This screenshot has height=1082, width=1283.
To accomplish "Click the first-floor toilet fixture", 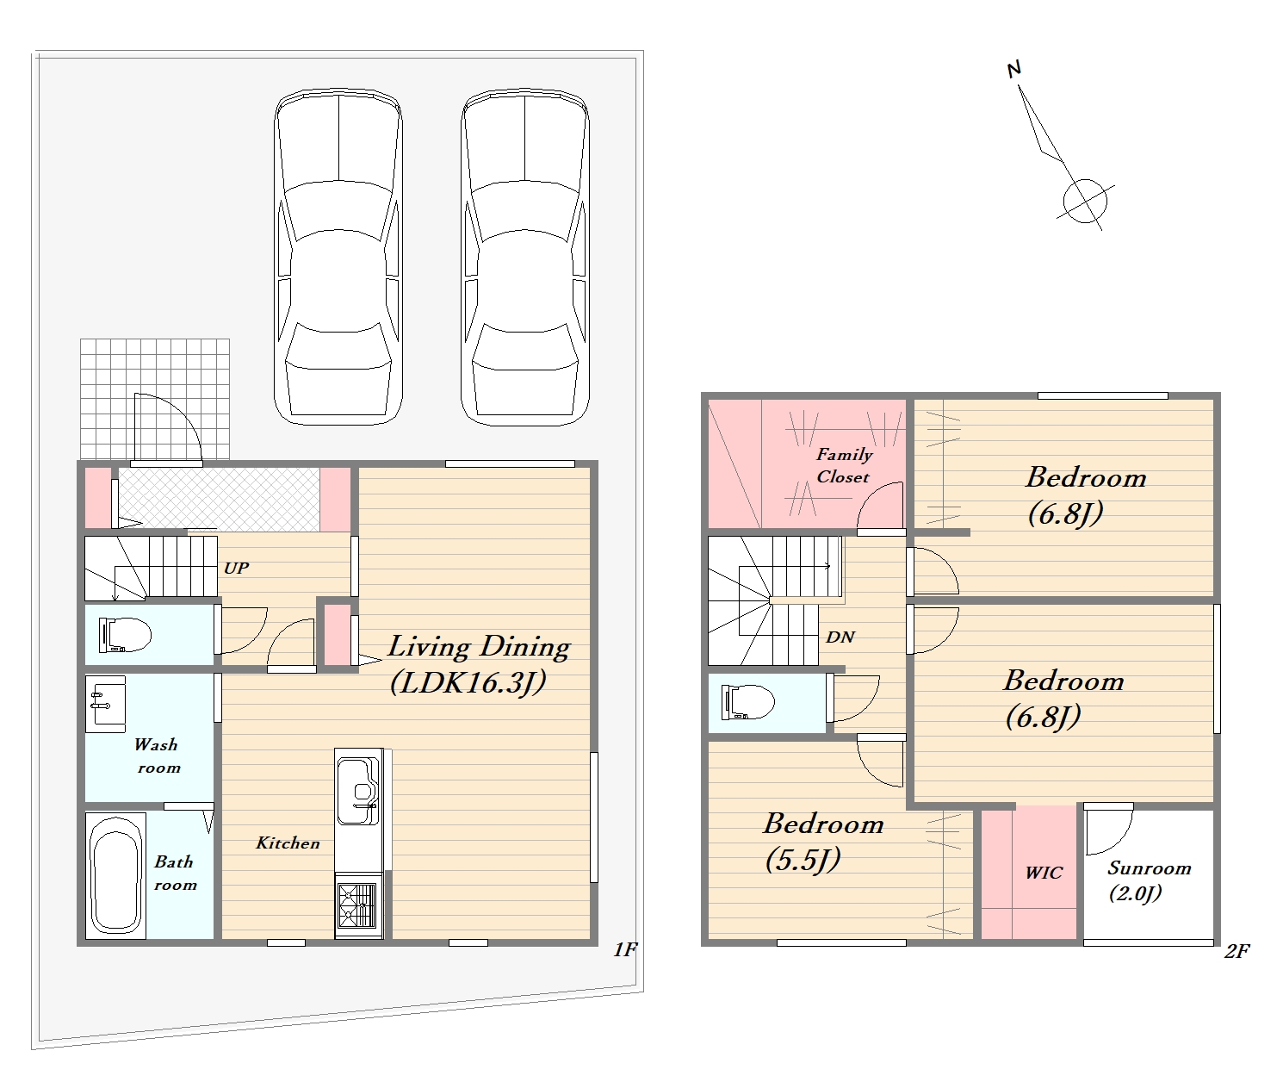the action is [x=125, y=635].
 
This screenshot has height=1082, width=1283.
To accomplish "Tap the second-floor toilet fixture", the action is [x=747, y=703].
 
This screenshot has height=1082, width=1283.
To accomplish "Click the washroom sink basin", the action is [x=105, y=704].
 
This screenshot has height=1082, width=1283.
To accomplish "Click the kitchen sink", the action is [x=358, y=791].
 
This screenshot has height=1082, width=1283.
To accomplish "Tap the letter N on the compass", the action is [x=1013, y=70].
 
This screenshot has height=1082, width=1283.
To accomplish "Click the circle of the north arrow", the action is [x=1085, y=201].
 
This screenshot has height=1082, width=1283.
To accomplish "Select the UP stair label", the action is [x=236, y=568].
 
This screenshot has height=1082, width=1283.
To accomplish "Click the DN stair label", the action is [x=840, y=637].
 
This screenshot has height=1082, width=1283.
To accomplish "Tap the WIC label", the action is [x=1044, y=873].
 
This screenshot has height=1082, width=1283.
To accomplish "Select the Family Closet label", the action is [x=843, y=465].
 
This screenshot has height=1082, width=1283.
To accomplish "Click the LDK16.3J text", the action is [x=468, y=681].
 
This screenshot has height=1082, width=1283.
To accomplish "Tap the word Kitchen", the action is [x=288, y=843].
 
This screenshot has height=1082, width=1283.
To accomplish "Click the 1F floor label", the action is [x=625, y=950].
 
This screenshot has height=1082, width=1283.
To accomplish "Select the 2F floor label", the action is [x=1237, y=951].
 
